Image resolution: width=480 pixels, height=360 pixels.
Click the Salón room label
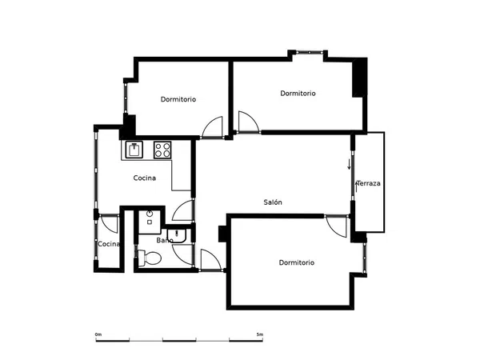[273, 202]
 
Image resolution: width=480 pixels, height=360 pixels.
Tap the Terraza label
[369, 183]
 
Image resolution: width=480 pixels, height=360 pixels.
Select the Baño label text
[164, 240]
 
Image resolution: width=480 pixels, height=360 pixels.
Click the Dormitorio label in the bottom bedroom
[297, 262]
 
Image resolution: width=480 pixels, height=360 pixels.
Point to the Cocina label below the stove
[145, 178]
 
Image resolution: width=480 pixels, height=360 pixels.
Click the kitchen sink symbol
[134, 150]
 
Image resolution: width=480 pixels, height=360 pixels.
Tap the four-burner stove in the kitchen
[162, 150]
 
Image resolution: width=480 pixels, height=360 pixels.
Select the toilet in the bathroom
[150, 258]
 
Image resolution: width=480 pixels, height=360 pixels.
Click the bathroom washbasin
[177, 235]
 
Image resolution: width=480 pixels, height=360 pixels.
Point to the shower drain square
[150, 222]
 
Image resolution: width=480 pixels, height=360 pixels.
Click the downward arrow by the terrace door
[349, 164]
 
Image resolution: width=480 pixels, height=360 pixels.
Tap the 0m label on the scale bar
[98, 334]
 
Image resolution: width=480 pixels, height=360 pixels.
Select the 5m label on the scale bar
[260, 334]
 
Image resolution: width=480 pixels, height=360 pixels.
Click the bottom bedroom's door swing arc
[336, 227]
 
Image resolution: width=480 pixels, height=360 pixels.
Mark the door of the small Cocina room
[110, 224]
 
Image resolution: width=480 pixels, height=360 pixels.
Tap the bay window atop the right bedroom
[309, 52]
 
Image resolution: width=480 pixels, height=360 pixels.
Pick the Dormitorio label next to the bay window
[298, 93]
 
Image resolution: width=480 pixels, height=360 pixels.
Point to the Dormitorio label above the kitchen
[178, 99]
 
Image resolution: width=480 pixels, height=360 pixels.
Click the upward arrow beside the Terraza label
[356, 187]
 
